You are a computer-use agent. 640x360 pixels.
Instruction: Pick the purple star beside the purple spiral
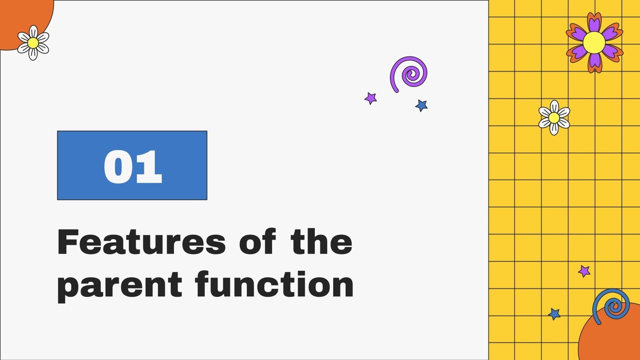pyautogui.click(x=371, y=98)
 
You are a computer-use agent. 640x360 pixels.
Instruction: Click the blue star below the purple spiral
pyautogui.click(x=422, y=106)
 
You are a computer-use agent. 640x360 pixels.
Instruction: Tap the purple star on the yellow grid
pyautogui.click(x=584, y=271)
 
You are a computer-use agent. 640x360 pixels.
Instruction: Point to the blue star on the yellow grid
pyautogui.click(x=554, y=314)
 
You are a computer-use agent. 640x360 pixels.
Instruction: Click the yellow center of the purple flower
pyautogui.click(x=594, y=42)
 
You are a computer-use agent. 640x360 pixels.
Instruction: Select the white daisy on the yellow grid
pyautogui.click(x=554, y=118)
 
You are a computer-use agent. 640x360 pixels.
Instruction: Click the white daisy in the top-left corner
pyautogui.click(x=33, y=43)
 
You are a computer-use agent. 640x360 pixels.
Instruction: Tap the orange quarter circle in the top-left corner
pyautogui.click(x=20, y=16)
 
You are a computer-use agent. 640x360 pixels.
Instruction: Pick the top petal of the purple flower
pyautogui.click(x=594, y=22)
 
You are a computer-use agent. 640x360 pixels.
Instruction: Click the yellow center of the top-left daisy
pyautogui.click(x=33, y=43)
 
